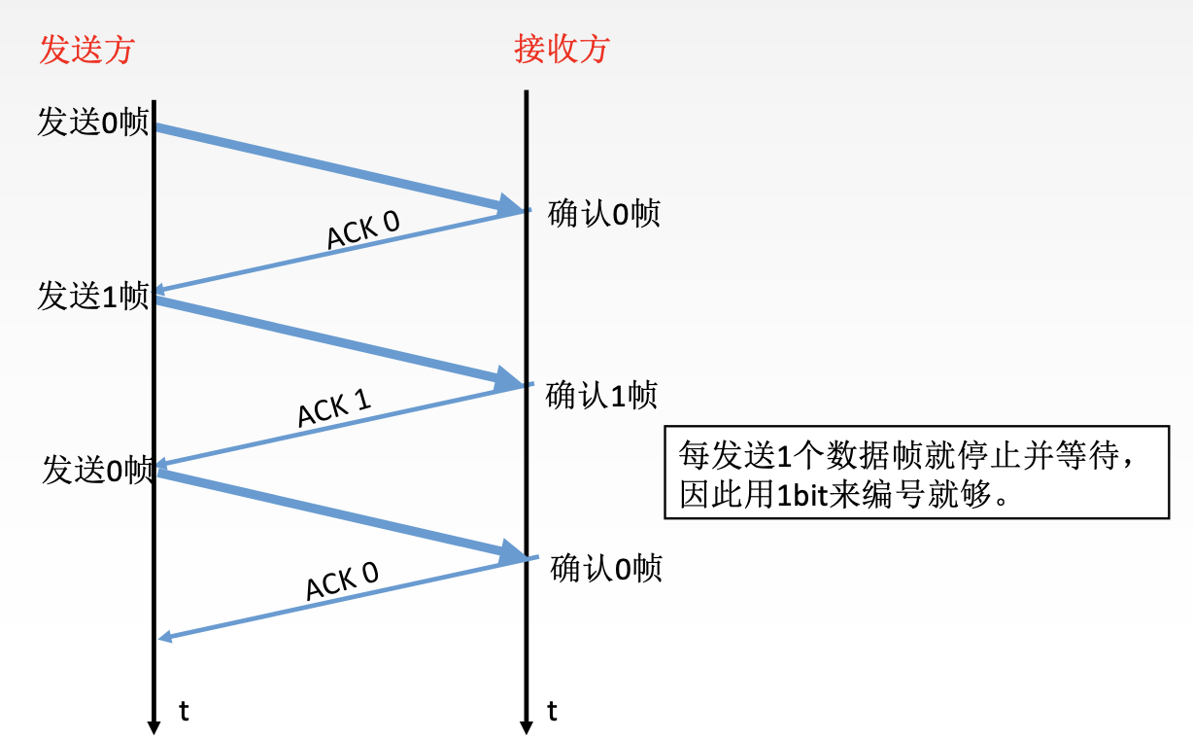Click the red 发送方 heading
(86, 50)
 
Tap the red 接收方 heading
(562, 49)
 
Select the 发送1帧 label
(92, 296)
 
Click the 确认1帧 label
(601, 395)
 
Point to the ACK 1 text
(334, 407)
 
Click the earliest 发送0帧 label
(92, 122)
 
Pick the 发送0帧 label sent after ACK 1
(98, 470)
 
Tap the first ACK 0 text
(362, 229)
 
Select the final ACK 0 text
(342, 581)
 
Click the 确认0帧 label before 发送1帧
(604, 213)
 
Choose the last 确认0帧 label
(606, 568)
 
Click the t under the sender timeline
(184, 711)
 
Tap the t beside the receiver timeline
(552, 711)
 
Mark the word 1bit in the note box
(802, 495)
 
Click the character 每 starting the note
(694, 455)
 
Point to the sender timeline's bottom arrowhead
(153, 727)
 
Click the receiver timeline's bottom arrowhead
(527, 727)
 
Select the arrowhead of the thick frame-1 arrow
(509, 378)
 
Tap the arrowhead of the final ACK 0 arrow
(165, 637)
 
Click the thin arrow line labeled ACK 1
(342, 426)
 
